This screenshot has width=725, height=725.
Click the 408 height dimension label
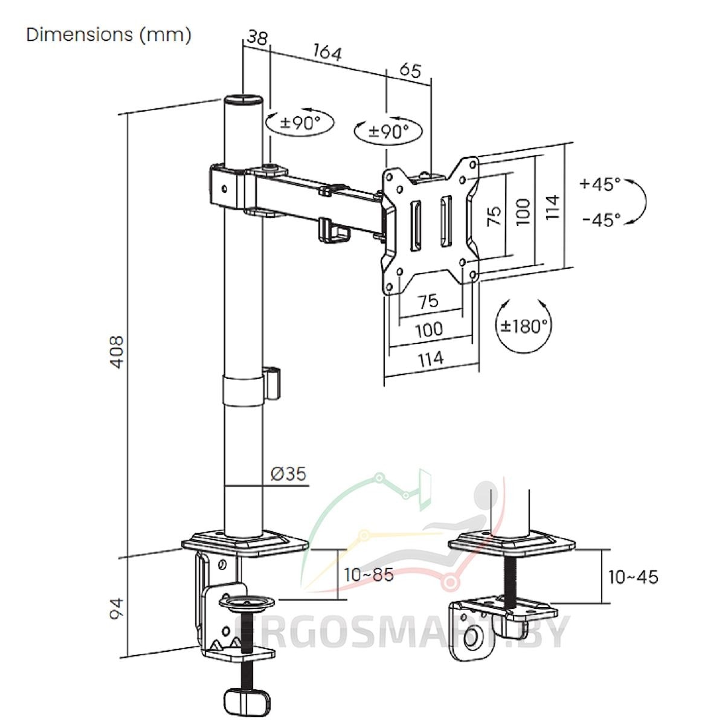(115, 352)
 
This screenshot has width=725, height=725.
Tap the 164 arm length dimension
(327, 53)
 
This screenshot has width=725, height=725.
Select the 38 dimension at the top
(257, 38)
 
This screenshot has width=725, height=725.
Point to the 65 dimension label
(410, 70)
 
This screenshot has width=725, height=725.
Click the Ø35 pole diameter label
(288, 474)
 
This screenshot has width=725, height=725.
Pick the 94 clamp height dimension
(116, 608)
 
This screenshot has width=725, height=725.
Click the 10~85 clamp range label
(369, 575)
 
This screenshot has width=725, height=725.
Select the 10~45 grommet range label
(633, 577)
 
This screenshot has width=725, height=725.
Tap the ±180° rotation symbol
(523, 326)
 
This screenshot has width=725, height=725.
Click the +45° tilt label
(599, 184)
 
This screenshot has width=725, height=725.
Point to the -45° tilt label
(601, 219)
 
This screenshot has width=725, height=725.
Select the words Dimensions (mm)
(109, 34)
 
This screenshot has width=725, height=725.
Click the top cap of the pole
(244, 98)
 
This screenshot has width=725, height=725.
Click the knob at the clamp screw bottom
(245, 699)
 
